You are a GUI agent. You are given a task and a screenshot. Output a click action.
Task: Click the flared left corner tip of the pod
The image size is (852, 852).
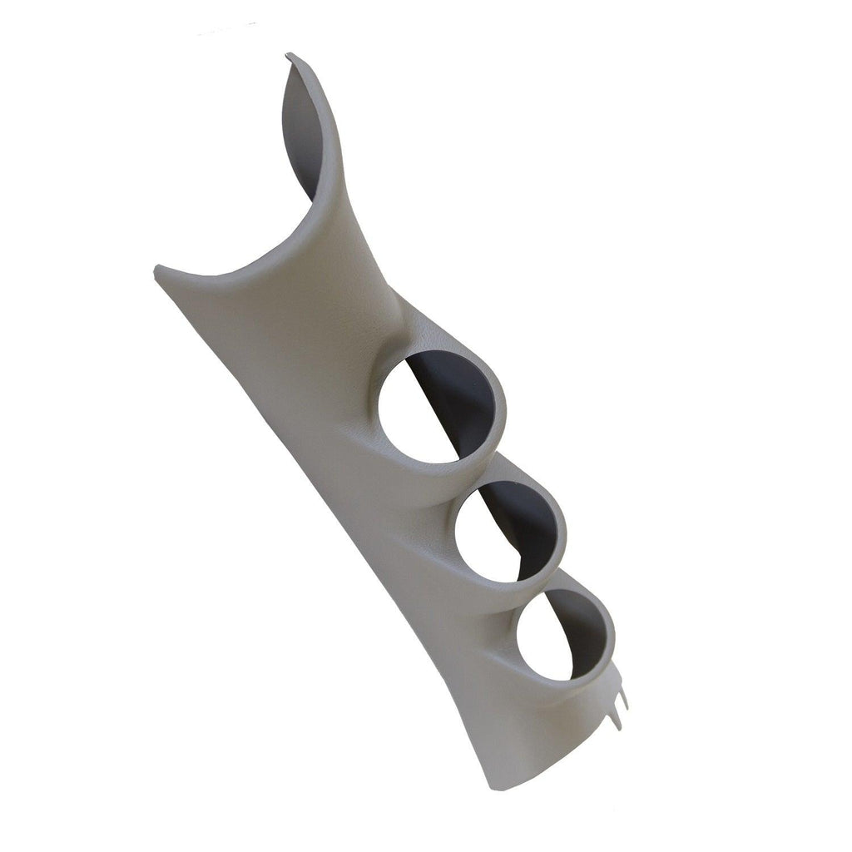pos(158,269)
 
